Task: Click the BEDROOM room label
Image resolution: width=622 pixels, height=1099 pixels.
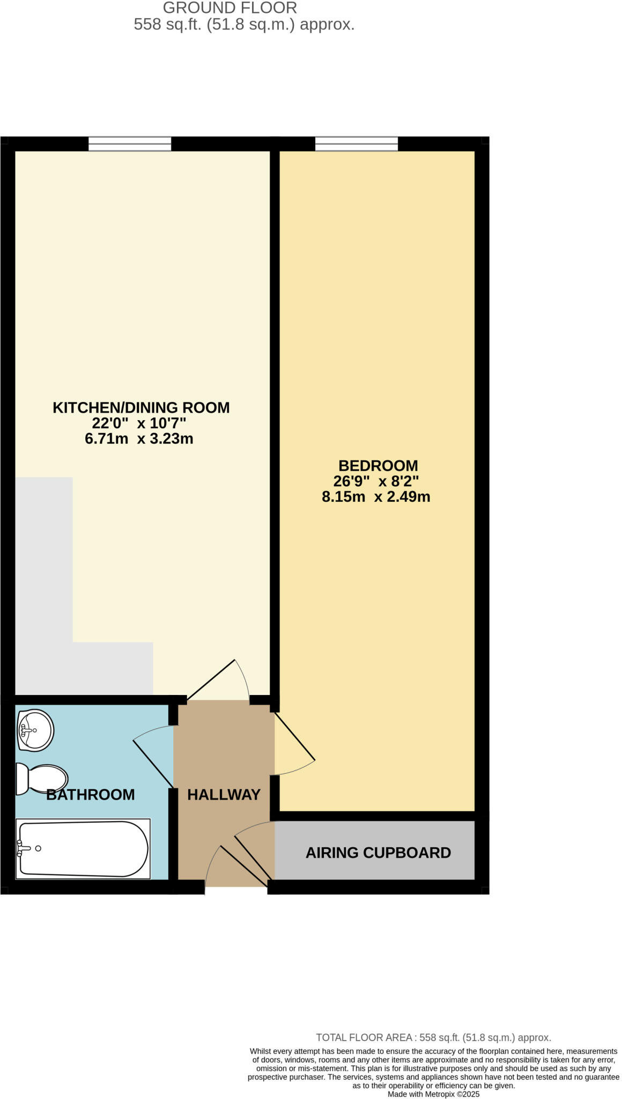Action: (x=378, y=465)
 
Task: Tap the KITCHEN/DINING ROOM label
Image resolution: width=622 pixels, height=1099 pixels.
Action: (x=141, y=407)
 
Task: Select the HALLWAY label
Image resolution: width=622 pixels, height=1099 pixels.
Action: (x=224, y=794)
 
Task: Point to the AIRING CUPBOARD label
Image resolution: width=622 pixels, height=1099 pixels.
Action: (x=378, y=853)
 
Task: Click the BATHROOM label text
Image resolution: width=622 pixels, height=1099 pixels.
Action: (x=90, y=794)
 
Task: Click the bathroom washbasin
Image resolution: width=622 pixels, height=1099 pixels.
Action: (x=35, y=730)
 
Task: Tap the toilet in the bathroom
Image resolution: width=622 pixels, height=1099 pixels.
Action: (x=42, y=779)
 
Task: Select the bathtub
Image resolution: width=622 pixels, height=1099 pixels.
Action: (x=83, y=848)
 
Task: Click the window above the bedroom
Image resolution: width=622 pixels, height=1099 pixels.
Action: (x=357, y=144)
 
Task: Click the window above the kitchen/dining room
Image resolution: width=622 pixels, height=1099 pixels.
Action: (x=130, y=144)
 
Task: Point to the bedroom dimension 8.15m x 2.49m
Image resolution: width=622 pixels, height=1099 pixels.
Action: (x=376, y=496)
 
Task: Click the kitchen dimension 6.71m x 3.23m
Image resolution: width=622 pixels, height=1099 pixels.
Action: (x=139, y=438)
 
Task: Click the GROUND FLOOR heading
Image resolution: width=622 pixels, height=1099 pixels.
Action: (x=229, y=8)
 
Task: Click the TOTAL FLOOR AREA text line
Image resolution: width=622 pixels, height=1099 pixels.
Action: (x=433, y=1037)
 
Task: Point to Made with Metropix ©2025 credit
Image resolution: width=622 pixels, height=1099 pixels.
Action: (x=433, y=1094)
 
